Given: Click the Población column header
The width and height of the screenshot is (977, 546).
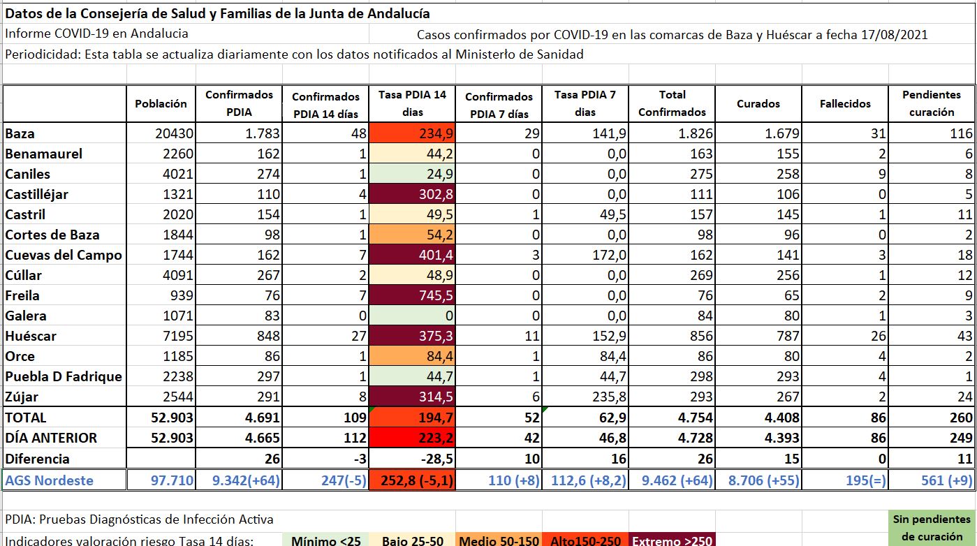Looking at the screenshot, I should click(x=161, y=103).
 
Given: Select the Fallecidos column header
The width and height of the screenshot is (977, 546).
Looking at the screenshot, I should click(x=845, y=103).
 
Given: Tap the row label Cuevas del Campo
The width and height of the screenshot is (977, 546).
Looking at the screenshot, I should click(x=64, y=255).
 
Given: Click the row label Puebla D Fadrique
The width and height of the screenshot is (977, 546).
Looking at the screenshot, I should click(x=64, y=376).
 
